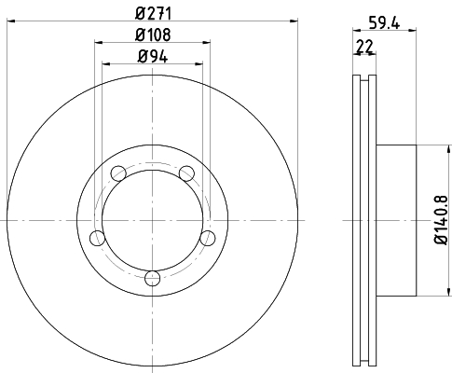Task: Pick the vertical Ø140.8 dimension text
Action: point(441,221)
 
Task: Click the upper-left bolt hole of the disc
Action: point(117,173)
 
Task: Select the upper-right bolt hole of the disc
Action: point(186,173)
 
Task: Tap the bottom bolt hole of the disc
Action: point(152,277)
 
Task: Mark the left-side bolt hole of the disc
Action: point(96,237)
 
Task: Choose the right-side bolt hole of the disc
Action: point(208,237)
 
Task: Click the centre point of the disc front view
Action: point(152,221)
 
